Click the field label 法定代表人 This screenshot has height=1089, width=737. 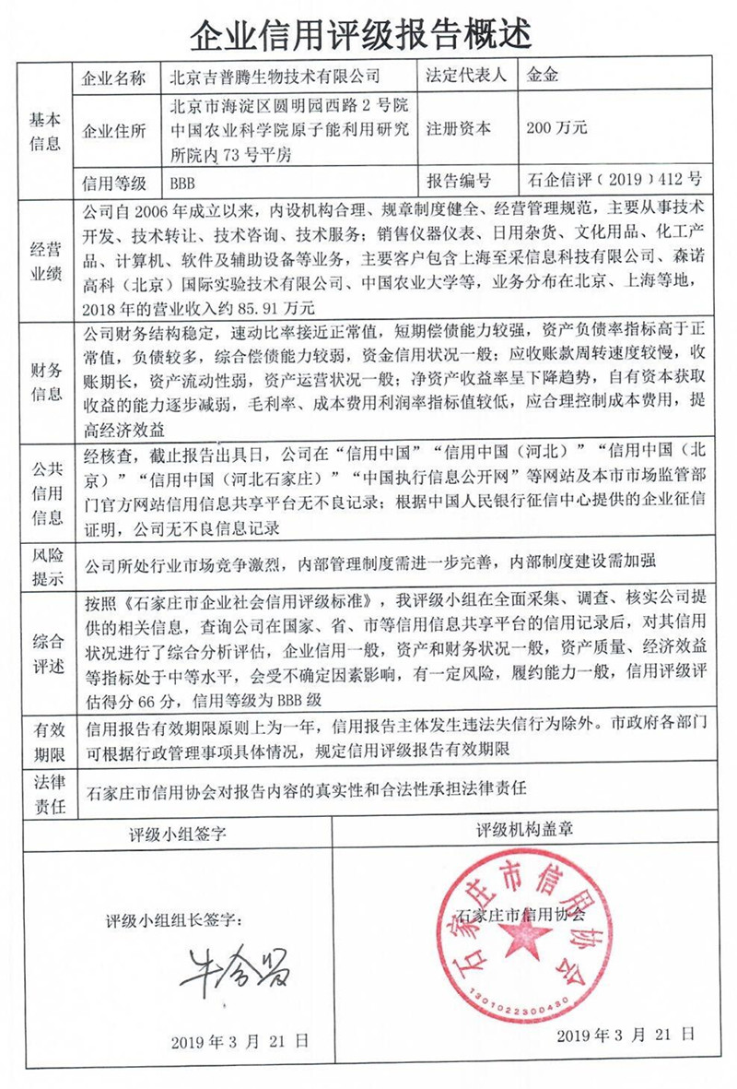point(468,76)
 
